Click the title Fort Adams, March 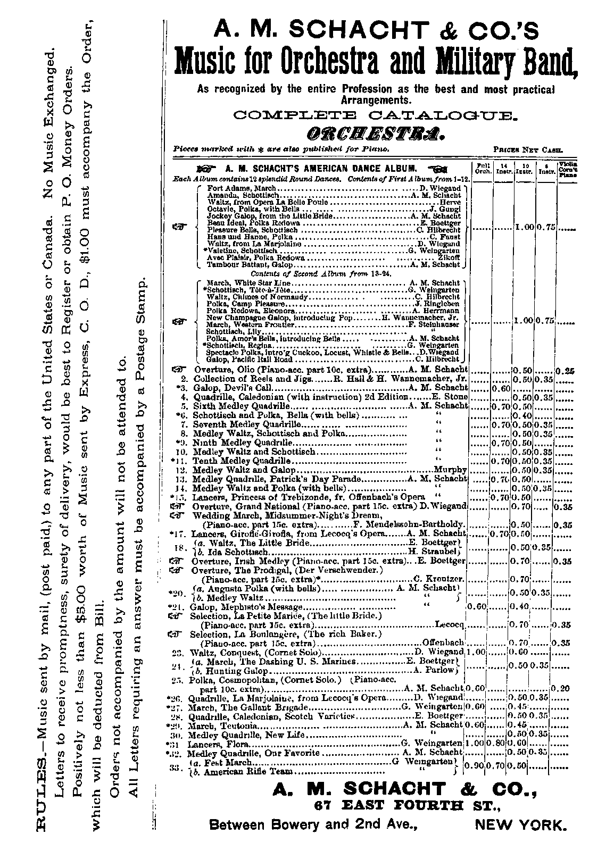click(x=242, y=188)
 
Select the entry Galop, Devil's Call click(x=226, y=388)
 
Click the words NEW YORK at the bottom click(x=520, y=825)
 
